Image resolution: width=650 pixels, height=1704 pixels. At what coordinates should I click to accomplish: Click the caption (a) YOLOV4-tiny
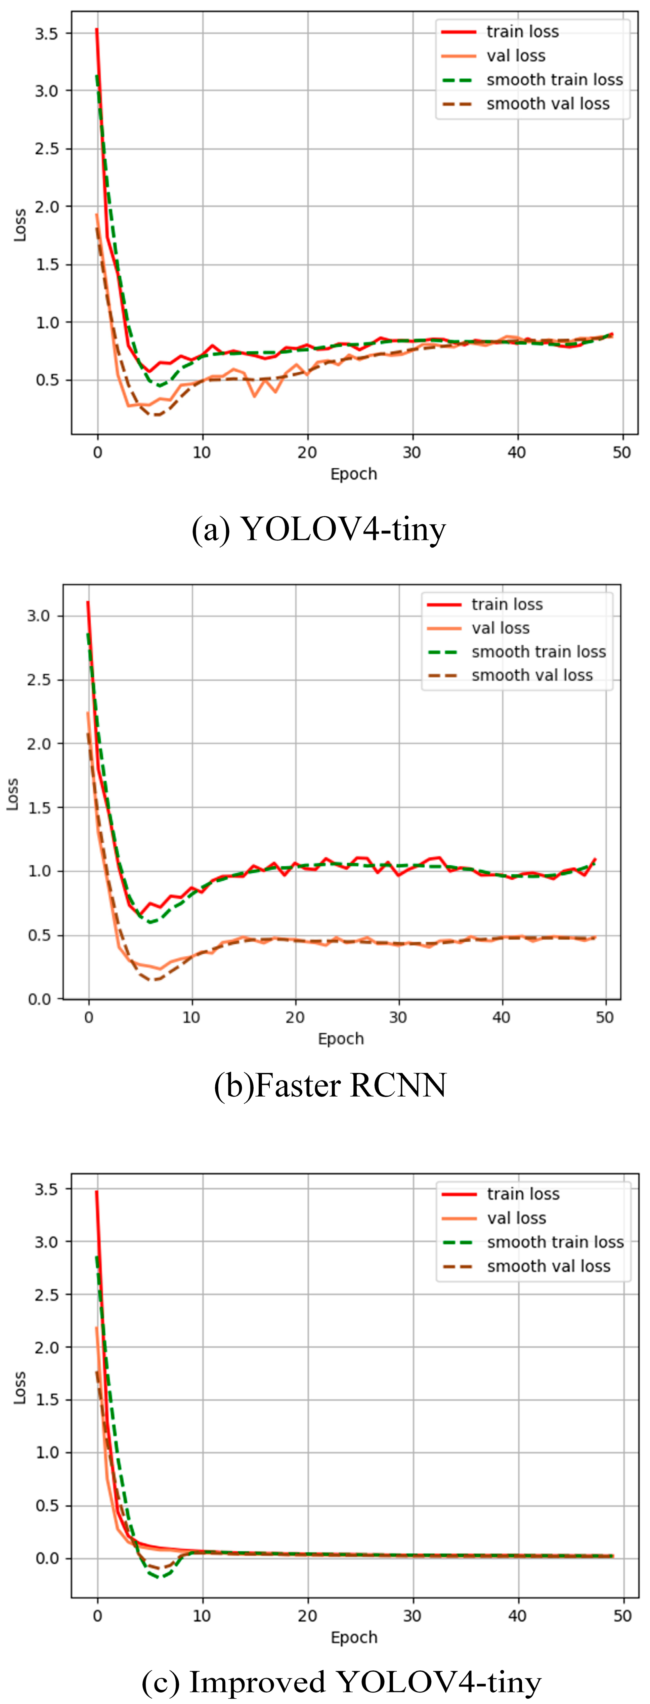[319, 529]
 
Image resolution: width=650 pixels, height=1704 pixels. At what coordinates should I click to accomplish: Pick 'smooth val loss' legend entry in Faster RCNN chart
[532, 675]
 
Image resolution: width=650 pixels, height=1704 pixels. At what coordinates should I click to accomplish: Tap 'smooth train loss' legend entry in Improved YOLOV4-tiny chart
[555, 1242]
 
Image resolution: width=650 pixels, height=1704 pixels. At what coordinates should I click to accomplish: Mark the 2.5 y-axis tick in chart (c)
[46, 1295]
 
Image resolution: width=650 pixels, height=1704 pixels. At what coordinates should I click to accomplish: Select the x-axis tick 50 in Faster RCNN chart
[604, 1017]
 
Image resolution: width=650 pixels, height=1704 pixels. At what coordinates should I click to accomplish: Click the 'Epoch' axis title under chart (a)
[354, 474]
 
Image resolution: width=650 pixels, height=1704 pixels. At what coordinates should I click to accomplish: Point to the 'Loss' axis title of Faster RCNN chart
[12, 794]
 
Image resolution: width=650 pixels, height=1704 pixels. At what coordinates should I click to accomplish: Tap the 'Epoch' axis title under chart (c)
[354, 1638]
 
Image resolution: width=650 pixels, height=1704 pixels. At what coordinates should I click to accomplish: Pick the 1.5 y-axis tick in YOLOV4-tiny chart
[46, 265]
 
